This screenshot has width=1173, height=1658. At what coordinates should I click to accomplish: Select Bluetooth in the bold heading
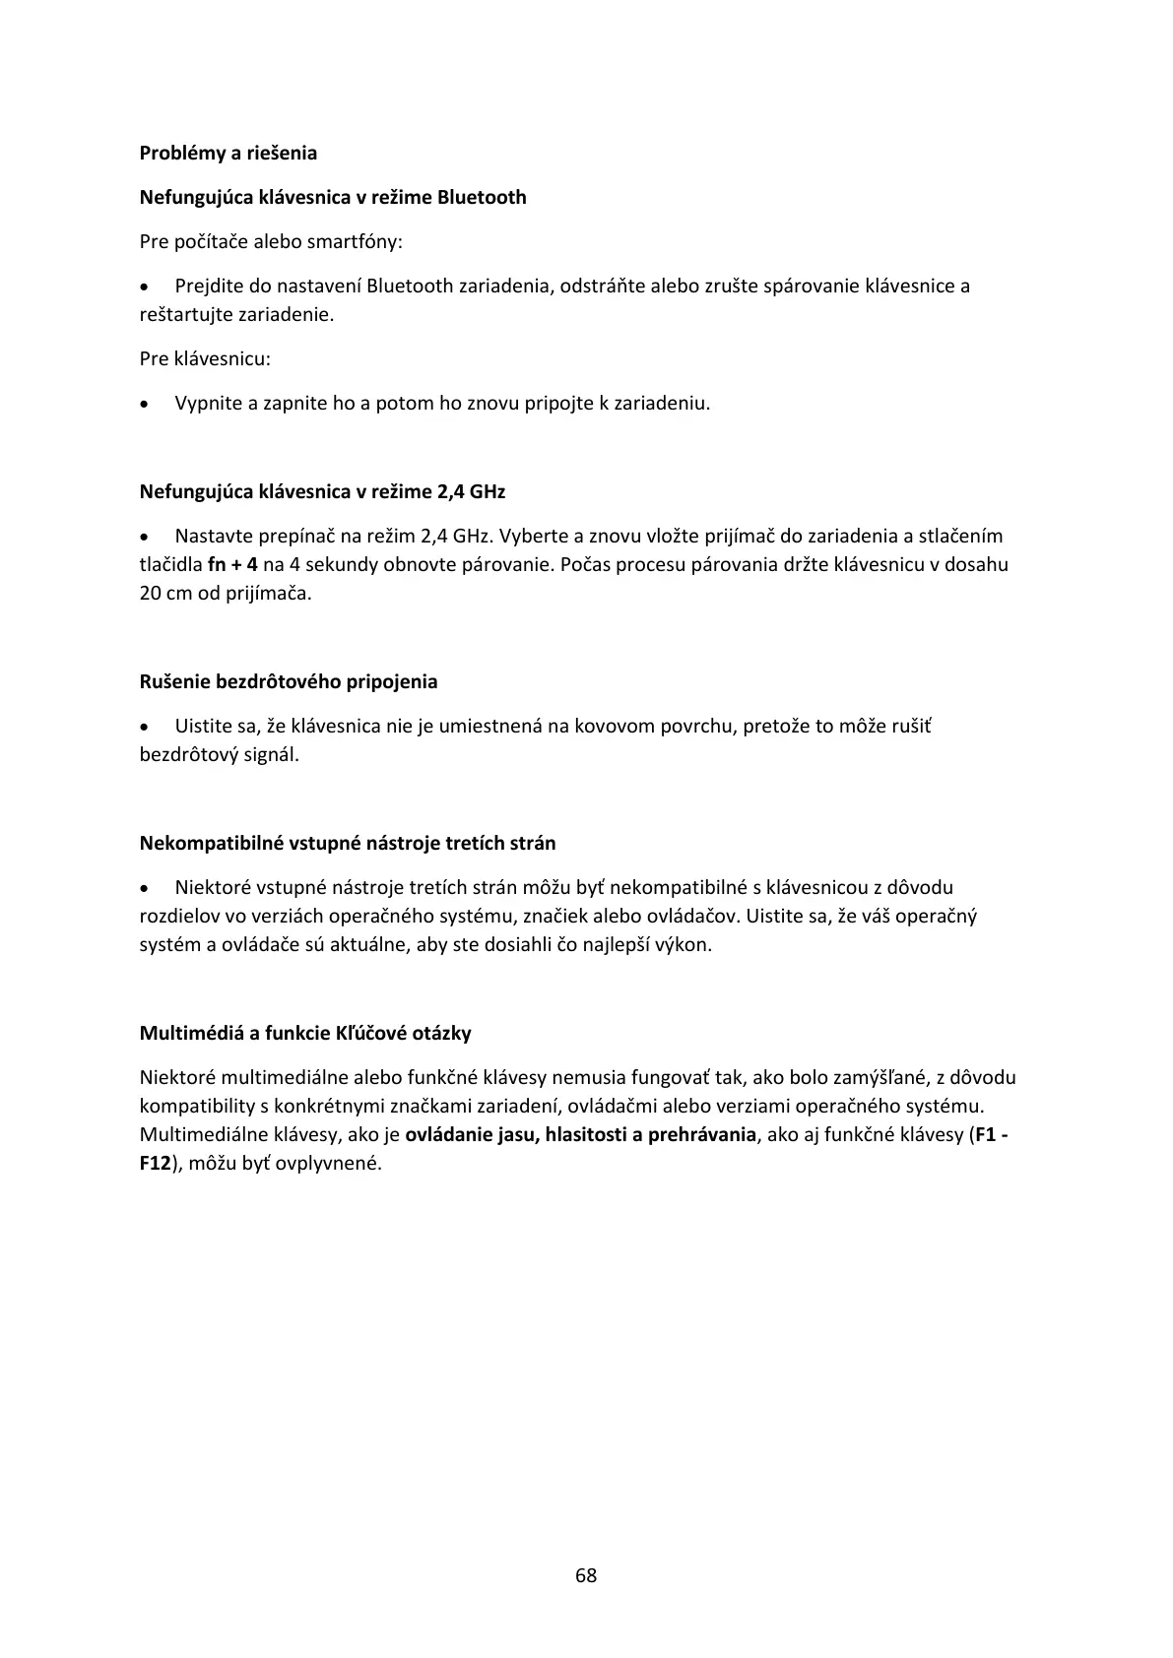click(482, 198)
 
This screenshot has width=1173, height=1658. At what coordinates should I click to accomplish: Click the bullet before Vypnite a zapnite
click(146, 404)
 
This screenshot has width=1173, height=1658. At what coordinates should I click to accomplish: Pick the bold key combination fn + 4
click(233, 565)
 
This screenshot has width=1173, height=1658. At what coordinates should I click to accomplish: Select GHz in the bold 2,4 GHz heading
click(488, 492)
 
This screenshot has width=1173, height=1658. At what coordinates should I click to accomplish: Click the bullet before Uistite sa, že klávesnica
click(146, 728)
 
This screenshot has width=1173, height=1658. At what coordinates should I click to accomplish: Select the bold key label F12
click(156, 1164)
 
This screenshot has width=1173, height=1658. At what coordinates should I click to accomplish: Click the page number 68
click(586, 1575)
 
